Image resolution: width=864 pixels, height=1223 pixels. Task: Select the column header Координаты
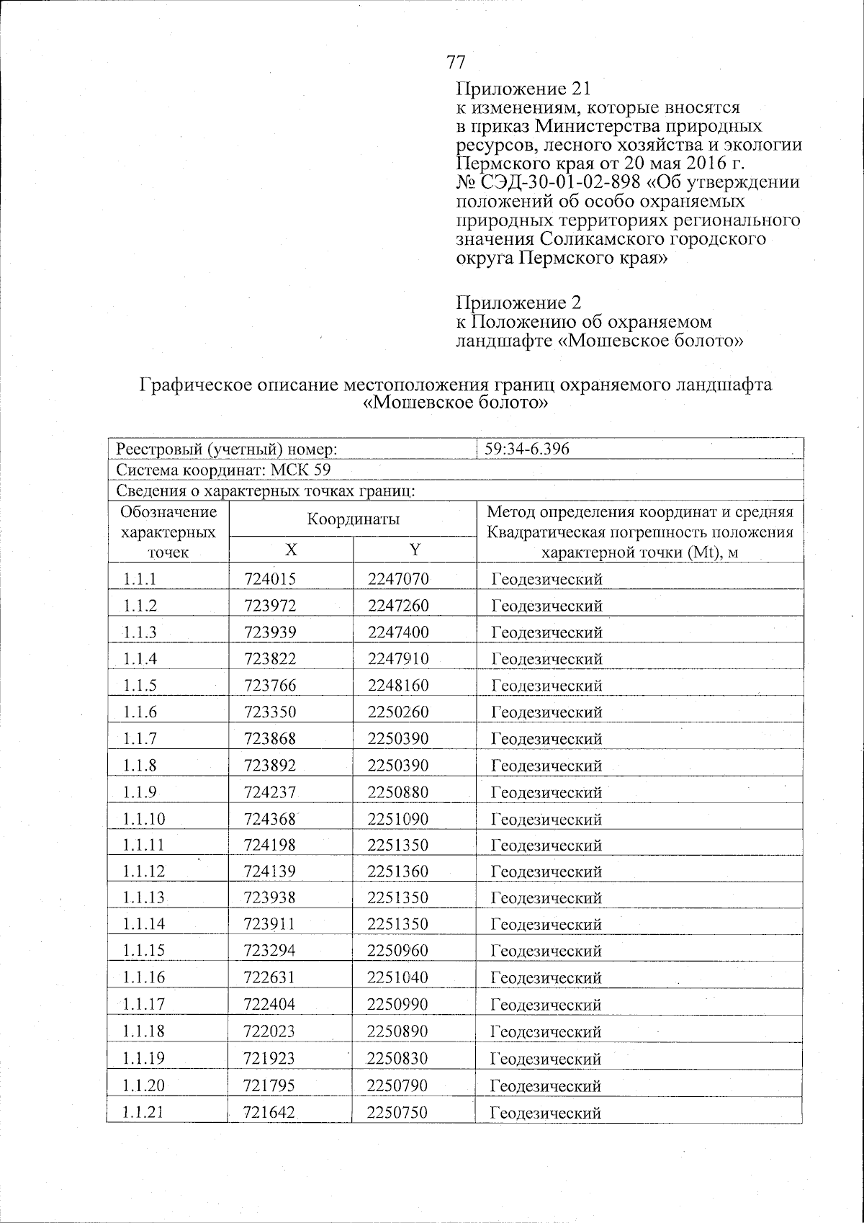[353, 519]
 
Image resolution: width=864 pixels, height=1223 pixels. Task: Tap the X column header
[290, 550]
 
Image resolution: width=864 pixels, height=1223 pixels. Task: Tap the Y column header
[415, 550]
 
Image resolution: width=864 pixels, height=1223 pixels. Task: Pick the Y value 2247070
[398, 579]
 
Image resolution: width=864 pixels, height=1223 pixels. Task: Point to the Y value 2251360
[397, 872]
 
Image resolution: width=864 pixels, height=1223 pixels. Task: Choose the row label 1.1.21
[143, 1112]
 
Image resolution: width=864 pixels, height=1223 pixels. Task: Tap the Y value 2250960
[397, 951]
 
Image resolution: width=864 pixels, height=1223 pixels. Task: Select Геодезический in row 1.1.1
[546, 579]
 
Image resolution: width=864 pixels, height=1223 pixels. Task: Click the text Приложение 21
[523, 89]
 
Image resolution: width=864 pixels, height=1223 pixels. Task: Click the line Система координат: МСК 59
[223, 471]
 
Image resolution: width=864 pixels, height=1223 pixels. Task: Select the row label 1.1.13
[143, 898]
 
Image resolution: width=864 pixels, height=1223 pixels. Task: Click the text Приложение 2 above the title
[518, 303]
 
